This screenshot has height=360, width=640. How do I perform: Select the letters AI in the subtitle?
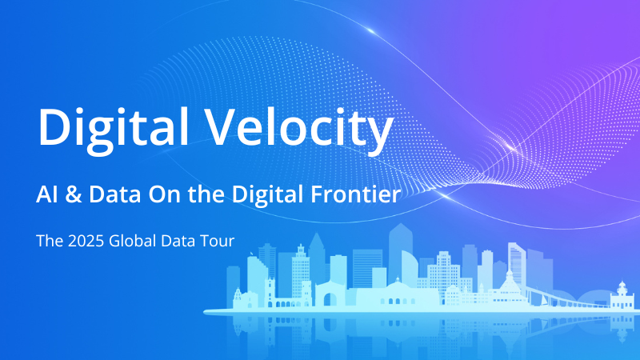coord(46,194)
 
